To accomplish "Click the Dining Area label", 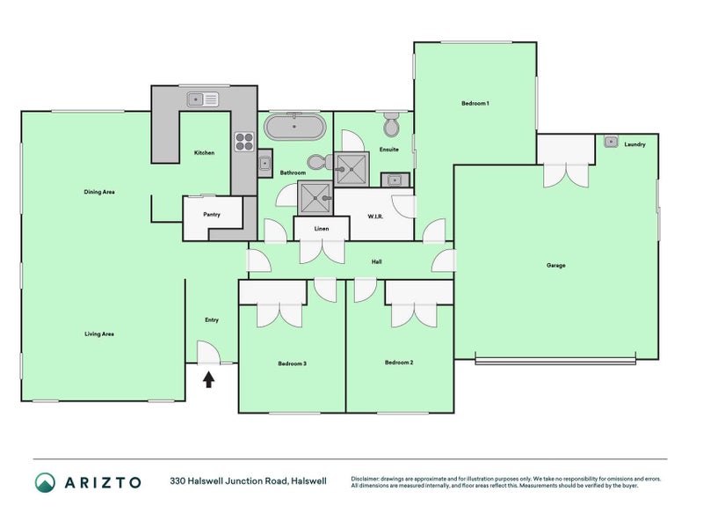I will [99, 192].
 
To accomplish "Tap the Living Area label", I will [99, 334].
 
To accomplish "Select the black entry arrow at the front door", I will [209, 379].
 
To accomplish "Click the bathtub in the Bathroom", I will [295, 128].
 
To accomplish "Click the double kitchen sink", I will [204, 99].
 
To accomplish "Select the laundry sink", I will [611, 141].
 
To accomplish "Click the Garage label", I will [555, 265].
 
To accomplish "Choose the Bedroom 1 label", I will [475, 104].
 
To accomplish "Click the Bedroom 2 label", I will [399, 363].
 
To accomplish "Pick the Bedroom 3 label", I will [292, 363].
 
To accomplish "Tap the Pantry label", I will [211, 214].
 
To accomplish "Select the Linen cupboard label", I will [322, 229].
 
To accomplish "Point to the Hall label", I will [376, 261].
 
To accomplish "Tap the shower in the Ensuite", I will [355, 167].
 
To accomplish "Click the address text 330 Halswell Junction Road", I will [228, 481].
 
